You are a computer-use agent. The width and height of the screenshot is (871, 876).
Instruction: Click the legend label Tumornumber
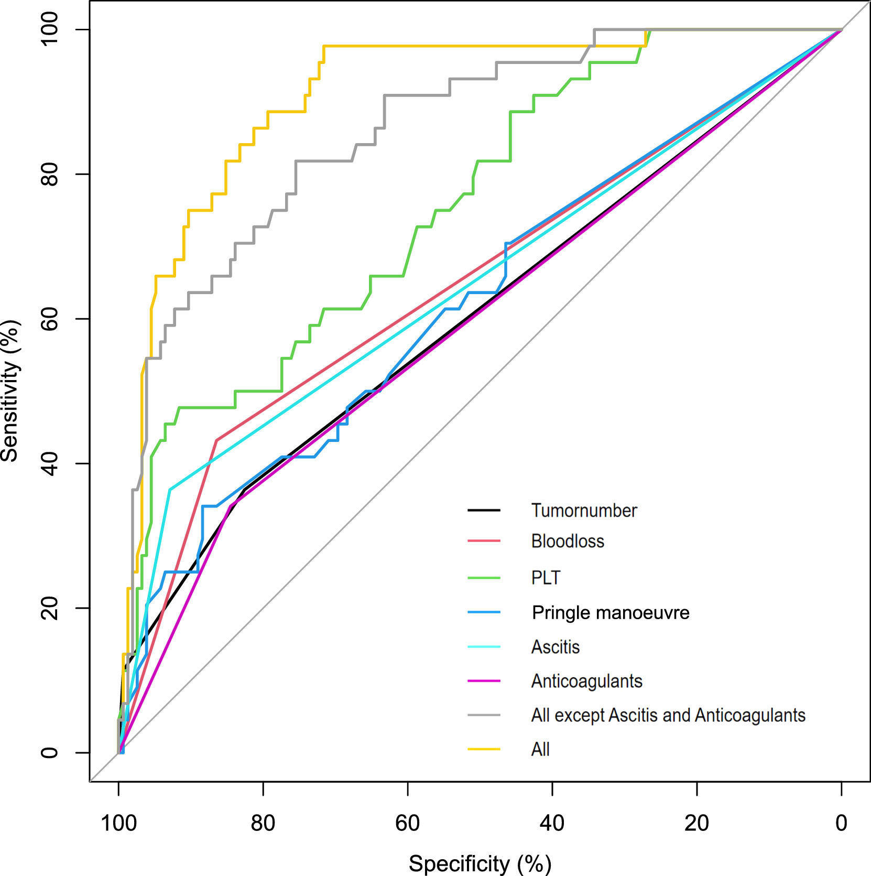tap(584, 510)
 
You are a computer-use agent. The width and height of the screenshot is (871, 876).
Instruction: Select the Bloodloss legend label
tap(568, 541)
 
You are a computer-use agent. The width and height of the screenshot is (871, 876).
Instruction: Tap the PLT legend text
tap(546, 578)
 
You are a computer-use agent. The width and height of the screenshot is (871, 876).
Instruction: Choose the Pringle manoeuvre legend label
tap(611, 612)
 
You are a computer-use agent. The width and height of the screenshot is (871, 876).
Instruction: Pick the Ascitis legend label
tap(556, 647)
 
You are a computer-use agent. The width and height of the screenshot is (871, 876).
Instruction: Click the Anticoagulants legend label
tap(586, 681)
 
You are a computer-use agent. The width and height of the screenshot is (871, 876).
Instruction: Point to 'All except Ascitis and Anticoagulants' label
tap(668, 715)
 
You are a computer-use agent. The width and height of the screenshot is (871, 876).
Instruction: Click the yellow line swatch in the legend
tap(484, 749)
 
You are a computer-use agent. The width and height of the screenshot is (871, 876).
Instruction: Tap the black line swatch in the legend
tap(484, 510)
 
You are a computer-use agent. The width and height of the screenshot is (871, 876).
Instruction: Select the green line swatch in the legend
tap(484, 578)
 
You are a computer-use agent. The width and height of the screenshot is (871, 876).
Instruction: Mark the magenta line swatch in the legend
tap(484, 681)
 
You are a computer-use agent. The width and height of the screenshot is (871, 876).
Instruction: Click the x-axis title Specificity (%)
tap(480, 863)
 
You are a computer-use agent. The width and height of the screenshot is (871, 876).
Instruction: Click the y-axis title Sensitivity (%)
tap(9, 391)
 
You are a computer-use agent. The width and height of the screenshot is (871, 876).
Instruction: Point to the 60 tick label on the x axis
tap(407, 823)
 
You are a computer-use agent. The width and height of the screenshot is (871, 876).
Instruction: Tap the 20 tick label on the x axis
tap(696, 823)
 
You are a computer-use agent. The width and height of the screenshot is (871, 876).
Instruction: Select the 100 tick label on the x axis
tap(118, 823)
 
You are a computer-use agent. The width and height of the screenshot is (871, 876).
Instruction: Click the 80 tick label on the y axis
tap(49, 174)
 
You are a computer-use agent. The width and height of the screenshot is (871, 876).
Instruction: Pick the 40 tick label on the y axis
tap(49, 463)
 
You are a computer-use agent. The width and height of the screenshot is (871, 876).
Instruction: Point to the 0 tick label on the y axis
tap(49, 753)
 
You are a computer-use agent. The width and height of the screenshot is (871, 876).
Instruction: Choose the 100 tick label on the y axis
tap(49, 29)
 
